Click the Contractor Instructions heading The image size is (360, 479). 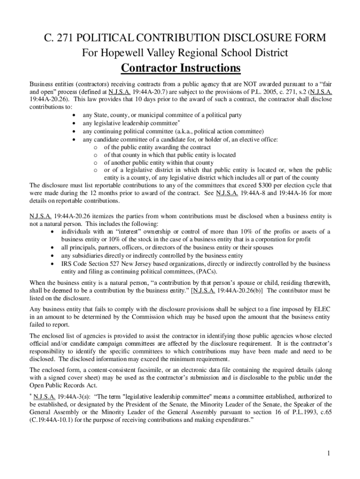point(180,68)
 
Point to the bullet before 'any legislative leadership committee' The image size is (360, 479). point(74,123)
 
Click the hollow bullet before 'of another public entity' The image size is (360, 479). point(95,162)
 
